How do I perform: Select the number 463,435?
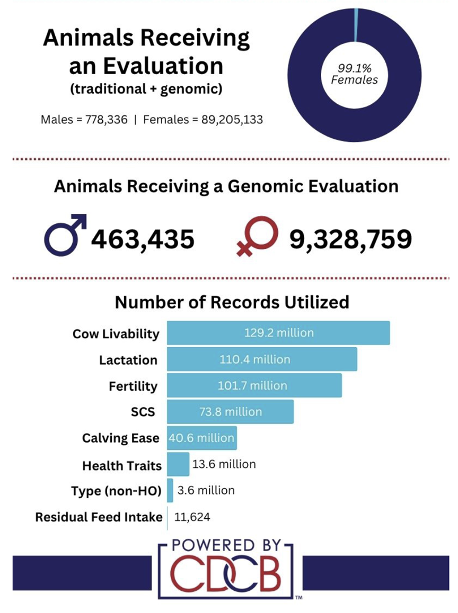click(x=143, y=239)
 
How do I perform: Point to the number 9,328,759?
click(x=351, y=239)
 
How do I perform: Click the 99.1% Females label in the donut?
click(x=354, y=74)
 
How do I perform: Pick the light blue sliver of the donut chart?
click(x=356, y=25)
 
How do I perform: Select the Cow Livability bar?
click(x=278, y=332)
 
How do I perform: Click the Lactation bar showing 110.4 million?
click(x=262, y=359)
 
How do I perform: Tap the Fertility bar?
click(x=254, y=385)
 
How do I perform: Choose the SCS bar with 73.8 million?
click(x=230, y=411)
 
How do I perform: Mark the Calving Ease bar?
click(x=202, y=438)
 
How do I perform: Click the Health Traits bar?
click(x=178, y=464)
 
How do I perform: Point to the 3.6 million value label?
click(x=206, y=490)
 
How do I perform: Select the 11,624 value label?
click(x=192, y=517)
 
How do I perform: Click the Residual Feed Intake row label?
click(x=99, y=517)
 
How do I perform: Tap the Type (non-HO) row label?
click(x=116, y=491)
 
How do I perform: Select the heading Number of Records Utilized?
click(x=232, y=302)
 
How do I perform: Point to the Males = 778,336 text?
click(x=84, y=119)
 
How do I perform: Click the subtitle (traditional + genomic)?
click(x=146, y=89)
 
